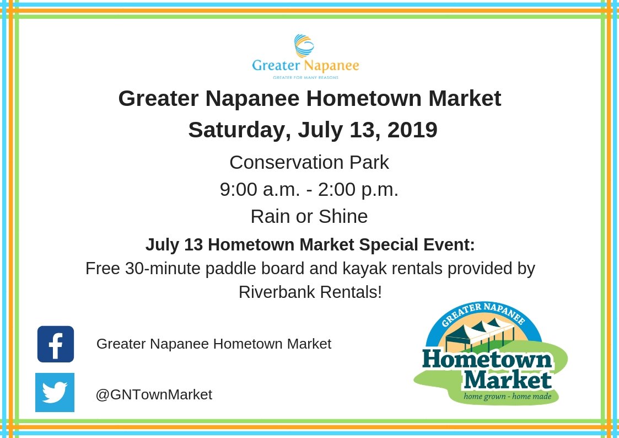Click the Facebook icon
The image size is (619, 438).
click(x=56, y=344)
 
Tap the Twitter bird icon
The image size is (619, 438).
click(x=55, y=393)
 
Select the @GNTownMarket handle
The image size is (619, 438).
click(x=154, y=394)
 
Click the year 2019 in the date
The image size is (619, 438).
click(x=412, y=130)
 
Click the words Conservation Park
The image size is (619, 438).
click(x=309, y=162)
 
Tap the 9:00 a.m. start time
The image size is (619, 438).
click(x=260, y=189)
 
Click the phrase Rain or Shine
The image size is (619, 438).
click(x=309, y=216)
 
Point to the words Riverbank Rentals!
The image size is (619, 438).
click(x=310, y=292)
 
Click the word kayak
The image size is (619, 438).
click(x=384, y=269)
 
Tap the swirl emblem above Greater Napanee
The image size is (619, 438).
click(x=304, y=46)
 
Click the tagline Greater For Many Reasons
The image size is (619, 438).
click(x=305, y=78)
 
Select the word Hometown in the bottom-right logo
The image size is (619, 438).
click(x=487, y=360)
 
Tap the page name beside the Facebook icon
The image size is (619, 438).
click(x=214, y=344)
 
